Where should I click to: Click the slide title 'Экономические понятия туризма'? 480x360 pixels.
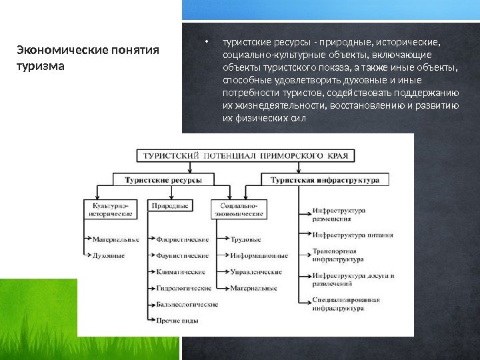[87, 58]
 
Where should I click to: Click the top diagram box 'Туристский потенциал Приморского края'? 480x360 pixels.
[247, 155]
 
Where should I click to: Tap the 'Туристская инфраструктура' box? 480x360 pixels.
[325, 180]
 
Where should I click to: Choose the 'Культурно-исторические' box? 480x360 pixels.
[108, 210]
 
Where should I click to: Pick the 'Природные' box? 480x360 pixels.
[171, 207]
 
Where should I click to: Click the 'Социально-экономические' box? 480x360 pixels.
[238, 210]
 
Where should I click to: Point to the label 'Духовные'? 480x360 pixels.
[109, 255]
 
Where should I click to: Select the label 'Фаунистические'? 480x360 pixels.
[182, 255]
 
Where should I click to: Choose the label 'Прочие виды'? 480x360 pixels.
[177, 321]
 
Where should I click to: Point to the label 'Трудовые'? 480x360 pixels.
[246, 239]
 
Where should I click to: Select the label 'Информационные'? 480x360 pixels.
[259, 255]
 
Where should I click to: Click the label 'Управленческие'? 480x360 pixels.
[256, 272]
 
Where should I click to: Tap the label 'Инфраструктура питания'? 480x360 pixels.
[352, 235]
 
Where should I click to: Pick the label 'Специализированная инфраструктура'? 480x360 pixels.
[345, 304]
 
